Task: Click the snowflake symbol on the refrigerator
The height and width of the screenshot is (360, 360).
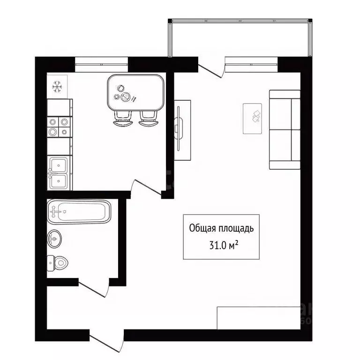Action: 57,87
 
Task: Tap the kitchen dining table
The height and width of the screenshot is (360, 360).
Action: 135,92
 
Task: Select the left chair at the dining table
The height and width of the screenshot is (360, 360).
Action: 123,119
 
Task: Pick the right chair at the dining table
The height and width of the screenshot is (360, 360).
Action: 148,119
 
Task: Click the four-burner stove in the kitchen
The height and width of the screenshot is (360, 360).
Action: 60,127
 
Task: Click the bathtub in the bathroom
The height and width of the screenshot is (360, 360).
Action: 79,212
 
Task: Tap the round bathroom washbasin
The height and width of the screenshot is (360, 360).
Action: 54,239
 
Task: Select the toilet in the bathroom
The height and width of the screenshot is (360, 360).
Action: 57,263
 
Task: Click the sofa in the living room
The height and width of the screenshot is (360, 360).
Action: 285,130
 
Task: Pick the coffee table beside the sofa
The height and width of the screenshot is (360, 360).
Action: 252,119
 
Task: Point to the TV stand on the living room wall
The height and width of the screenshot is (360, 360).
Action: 182,130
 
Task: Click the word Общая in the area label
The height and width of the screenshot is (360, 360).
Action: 202,228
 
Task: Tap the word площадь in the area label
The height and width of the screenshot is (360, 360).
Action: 236,229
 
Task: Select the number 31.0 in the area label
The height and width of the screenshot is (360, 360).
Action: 218,246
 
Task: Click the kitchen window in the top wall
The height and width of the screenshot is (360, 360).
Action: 101,65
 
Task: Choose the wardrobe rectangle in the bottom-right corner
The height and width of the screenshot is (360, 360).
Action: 259,318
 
